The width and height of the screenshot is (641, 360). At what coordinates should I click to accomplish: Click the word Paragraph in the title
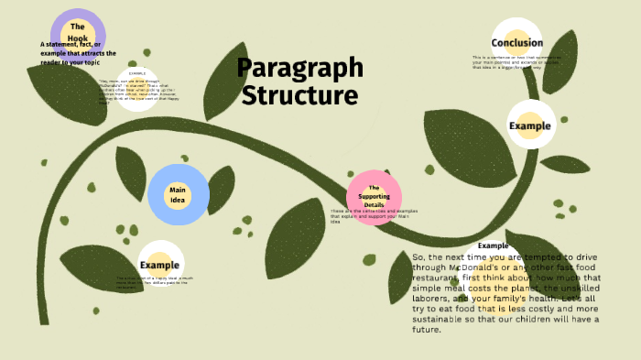(x=300, y=69)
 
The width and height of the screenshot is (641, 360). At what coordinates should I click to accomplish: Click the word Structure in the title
(x=300, y=95)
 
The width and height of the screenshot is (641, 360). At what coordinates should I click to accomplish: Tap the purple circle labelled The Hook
(x=78, y=35)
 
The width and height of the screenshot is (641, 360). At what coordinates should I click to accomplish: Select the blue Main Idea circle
(x=179, y=195)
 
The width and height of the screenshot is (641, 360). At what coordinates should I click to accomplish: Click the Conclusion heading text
(x=516, y=43)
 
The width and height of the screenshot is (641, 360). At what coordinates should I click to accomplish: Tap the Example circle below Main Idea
(x=160, y=265)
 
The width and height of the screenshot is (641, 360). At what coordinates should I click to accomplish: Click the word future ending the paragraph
(x=427, y=330)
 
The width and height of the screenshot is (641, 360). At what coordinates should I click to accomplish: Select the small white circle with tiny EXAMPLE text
(x=137, y=89)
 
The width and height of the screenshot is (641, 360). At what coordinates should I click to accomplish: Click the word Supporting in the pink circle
(x=374, y=196)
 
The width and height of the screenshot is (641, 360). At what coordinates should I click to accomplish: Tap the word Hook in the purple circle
(x=78, y=39)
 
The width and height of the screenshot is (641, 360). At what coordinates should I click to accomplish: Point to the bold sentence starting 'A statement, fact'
(x=78, y=53)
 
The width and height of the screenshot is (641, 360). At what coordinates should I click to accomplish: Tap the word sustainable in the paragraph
(x=439, y=320)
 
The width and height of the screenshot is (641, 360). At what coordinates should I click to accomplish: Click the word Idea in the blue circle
(x=179, y=201)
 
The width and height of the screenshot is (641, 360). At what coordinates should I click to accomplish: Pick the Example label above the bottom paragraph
(x=493, y=246)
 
